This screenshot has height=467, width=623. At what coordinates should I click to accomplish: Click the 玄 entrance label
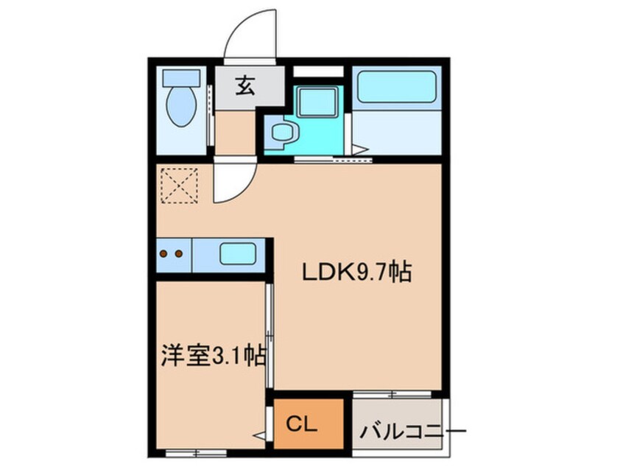(x=245, y=86)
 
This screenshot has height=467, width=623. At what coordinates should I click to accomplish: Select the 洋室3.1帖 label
(x=214, y=356)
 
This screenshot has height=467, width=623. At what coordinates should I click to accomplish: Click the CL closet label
(x=302, y=425)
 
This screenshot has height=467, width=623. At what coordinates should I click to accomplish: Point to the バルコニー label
(x=412, y=431)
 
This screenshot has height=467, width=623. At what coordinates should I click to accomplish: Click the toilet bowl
(x=181, y=107)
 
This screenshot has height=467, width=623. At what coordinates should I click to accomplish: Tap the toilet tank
(x=181, y=77)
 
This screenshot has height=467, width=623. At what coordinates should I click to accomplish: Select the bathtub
(x=396, y=86)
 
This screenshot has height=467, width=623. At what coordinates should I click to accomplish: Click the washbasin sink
(x=282, y=132)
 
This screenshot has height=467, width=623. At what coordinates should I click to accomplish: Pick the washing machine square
(x=317, y=102)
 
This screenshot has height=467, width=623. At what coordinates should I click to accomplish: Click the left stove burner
(x=163, y=253)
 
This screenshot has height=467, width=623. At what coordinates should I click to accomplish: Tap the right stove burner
(x=179, y=253)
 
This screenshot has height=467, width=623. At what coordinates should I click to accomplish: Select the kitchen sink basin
(x=238, y=253)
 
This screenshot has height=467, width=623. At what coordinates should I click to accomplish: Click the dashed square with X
(x=179, y=186)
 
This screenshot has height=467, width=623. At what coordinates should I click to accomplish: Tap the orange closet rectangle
(x=309, y=424)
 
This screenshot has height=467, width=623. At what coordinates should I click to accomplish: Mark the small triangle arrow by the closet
(x=260, y=435)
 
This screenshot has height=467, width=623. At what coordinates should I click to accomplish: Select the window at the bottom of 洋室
(x=196, y=452)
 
